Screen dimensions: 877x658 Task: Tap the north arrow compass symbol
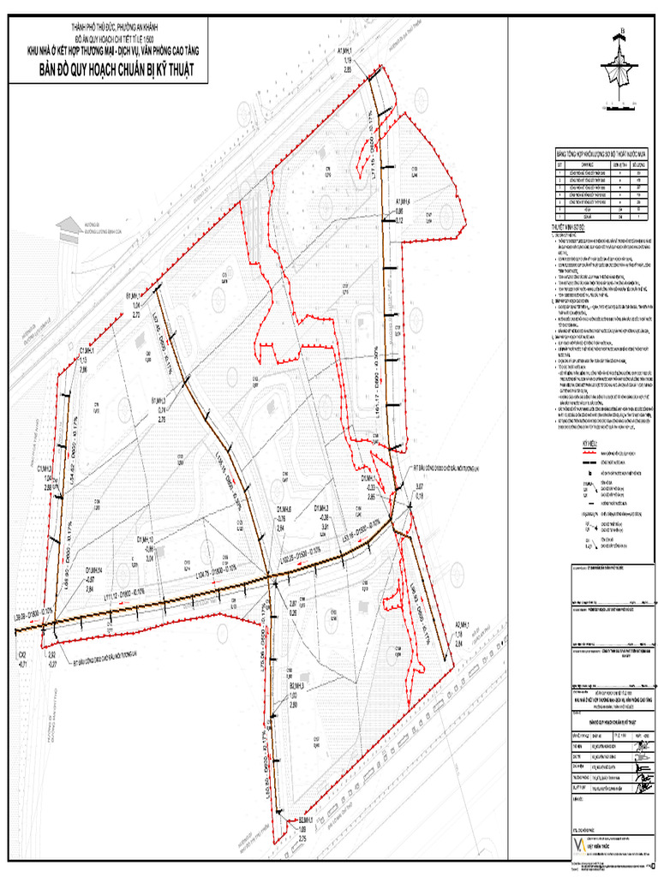619,64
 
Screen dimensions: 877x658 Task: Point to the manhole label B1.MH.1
135,293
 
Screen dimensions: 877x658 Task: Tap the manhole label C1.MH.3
46,468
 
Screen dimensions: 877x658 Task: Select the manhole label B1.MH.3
160,400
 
